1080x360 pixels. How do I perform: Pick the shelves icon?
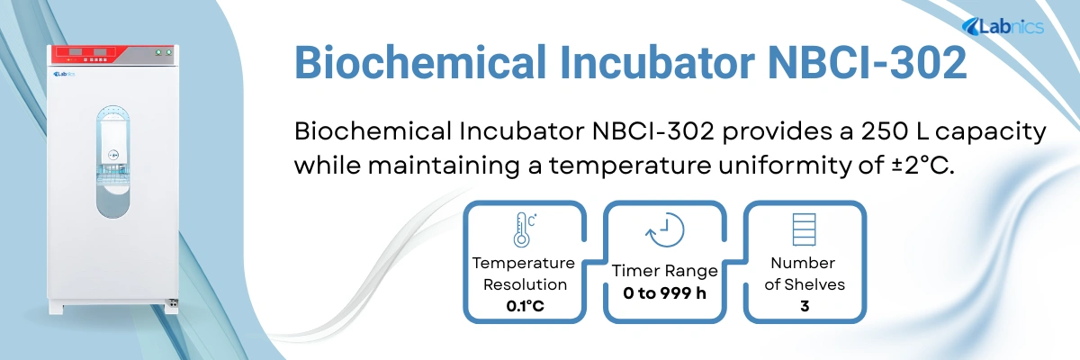point(803,229)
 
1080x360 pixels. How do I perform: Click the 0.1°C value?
point(523,306)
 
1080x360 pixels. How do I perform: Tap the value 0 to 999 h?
point(664,293)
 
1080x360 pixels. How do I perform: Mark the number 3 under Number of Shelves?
point(804,306)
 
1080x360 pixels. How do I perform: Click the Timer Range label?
point(664,271)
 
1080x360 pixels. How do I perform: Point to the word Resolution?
point(523,284)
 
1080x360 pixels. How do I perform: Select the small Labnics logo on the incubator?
point(64,75)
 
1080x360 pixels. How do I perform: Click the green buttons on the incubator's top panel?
point(163,52)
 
